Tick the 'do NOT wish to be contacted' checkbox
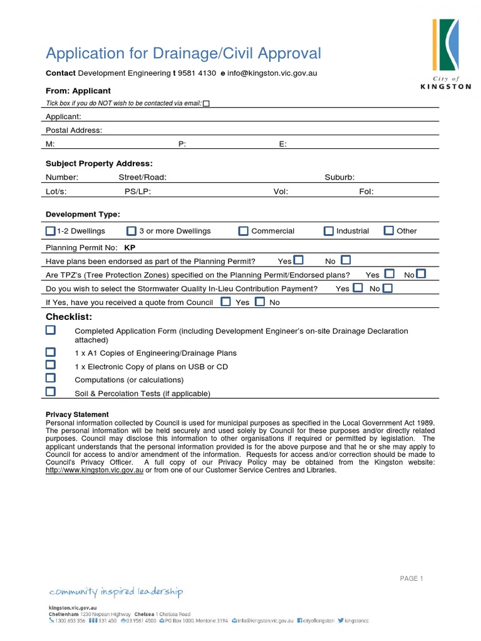pyautogui.click(x=206, y=104)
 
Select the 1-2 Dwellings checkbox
pyautogui.click(x=51, y=231)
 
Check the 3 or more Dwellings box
pyautogui.click(x=132, y=231)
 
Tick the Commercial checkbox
pyautogui.click(x=243, y=231)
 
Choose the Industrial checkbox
pyautogui.click(x=329, y=231)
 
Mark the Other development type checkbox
pyautogui.click(x=389, y=231)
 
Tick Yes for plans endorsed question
pyautogui.click(x=299, y=260)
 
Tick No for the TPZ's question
pyautogui.click(x=421, y=274)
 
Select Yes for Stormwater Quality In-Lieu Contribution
pyautogui.click(x=358, y=288)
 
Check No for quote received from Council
pyautogui.click(x=260, y=302)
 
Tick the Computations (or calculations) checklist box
pyautogui.click(x=51, y=378)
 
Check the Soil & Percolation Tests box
pyautogui.click(x=51, y=392)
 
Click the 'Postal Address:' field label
pyautogui.click(x=74, y=130)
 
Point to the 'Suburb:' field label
pyautogui.click(x=339, y=177)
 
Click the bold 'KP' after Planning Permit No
pyautogui.click(x=130, y=247)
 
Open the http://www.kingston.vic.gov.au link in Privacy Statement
pyautogui.click(x=95, y=470)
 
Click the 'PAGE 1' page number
pyautogui.click(x=411, y=578)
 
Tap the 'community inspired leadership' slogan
pyautogui.click(x=116, y=592)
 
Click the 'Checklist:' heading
pyautogui.click(x=69, y=317)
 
